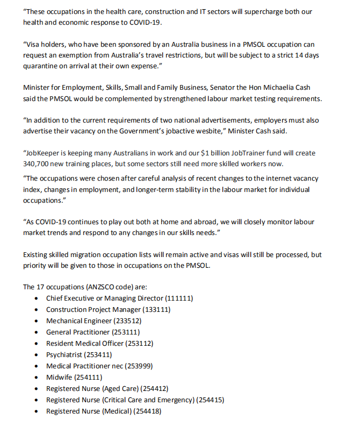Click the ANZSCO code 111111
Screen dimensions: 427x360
tap(179, 298)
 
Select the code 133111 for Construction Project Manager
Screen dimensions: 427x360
tap(159, 309)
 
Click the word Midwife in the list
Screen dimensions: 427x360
tap(59, 378)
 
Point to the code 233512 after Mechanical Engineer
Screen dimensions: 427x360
tap(128, 321)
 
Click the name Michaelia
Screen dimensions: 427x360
tap(287, 88)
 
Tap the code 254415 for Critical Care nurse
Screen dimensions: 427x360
tap(210, 400)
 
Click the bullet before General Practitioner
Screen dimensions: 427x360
tap(35, 332)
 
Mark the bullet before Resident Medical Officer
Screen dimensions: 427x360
tap(35, 344)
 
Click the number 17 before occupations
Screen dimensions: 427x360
tap(42, 287)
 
